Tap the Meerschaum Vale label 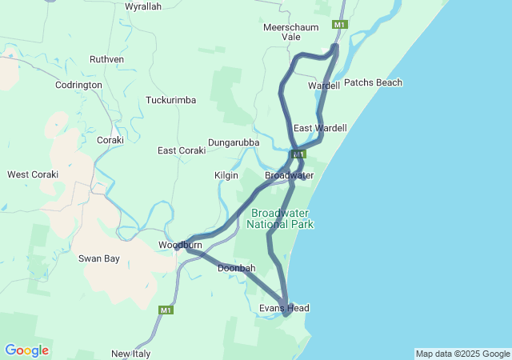tap(293, 32)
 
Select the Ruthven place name tap(106, 59)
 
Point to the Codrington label tap(78, 85)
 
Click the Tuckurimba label tap(170, 100)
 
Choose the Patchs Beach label tap(373, 82)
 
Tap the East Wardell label tap(320, 128)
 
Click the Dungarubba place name tap(234, 142)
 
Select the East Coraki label tap(182, 150)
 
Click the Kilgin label tap(227, 174)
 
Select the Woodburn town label tap(179, 245)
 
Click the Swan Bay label tap(98, 258)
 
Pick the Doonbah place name tap(236, 268)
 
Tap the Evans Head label tap(284, 308)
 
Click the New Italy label tap(130, 354)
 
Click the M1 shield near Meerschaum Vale tap(340, 26)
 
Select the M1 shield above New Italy tap(166, 310)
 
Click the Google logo tap(26, 350)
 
